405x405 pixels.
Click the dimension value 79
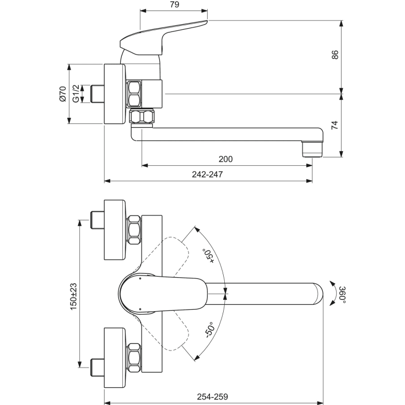(x=174, y=5)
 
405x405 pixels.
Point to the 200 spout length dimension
(x=225, y=159)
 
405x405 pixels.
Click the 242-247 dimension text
(x=207, y=175)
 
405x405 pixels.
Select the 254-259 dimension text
(x=213, y=396)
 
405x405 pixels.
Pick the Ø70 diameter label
(x=62, y=94)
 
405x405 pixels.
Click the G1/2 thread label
(x=77, y=94)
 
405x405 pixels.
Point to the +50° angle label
(x=207, y=256)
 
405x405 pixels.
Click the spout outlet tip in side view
(x=312, y=148)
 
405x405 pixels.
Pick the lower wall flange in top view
(x=115, y=353)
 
